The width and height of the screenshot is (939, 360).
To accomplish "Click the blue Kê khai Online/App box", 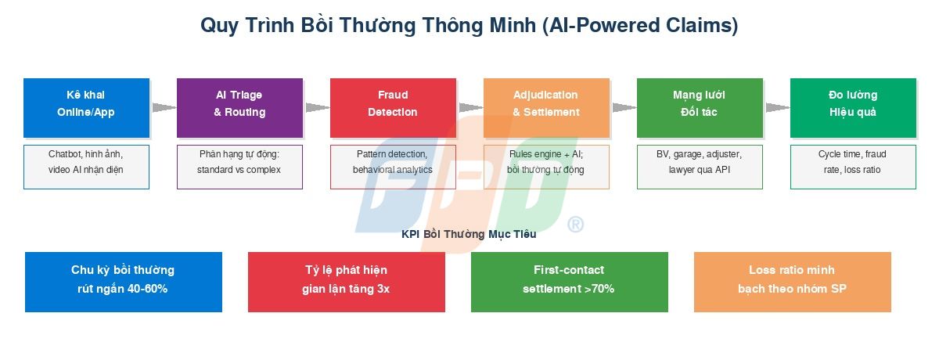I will (86, 108).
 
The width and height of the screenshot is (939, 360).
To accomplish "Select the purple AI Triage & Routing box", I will (239, 108).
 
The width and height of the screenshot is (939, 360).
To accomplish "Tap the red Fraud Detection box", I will (393, 108).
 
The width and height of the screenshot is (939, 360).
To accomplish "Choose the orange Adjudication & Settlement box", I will (546, 108).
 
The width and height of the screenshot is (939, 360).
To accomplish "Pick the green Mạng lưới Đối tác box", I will (700, 108).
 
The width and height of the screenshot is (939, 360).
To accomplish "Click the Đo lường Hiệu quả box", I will (853, 108).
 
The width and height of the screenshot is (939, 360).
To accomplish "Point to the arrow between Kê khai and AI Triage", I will (163, 108).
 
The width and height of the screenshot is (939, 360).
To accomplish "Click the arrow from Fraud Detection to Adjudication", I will (469, 108).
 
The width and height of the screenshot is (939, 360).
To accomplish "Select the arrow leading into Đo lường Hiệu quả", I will (776, 108).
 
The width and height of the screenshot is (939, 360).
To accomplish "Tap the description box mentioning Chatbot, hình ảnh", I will (86, 167).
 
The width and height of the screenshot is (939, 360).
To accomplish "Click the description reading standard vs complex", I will (239, 167).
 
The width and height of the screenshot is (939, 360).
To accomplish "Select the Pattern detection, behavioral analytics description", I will (393, 167).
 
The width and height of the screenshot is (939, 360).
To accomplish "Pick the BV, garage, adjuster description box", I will (700, 167).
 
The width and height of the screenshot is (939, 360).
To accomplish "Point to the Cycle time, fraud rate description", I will (853, 167).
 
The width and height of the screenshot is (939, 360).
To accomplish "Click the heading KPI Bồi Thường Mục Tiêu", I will (469, 234).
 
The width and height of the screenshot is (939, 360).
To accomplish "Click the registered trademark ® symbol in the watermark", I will (575, 225).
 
